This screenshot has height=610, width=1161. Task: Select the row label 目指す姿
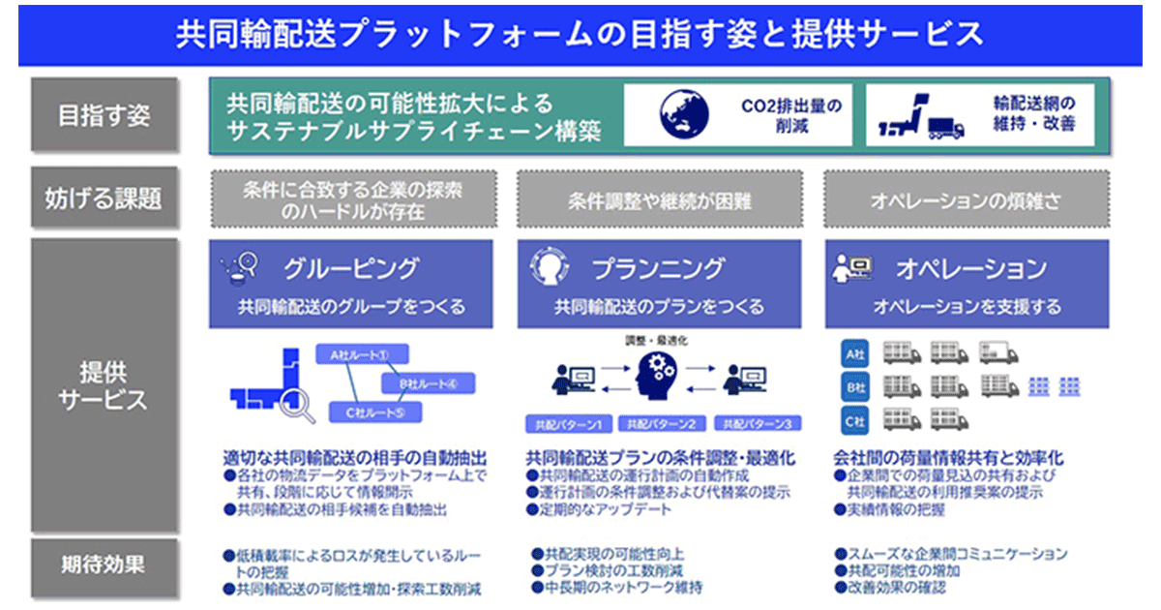pos(104,115)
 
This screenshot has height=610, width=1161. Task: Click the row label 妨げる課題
pos(104,198)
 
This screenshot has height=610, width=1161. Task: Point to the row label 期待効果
pos(104,564)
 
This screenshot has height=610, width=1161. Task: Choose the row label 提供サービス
pos(104,385)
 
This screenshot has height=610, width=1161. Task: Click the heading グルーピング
pos(351,268)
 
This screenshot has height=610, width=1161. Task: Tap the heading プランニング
pos(657,268)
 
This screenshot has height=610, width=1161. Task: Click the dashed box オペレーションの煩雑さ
pos(964,199)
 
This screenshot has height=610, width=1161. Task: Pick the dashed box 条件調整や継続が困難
pos(659,199)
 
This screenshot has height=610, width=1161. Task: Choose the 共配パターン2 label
pos(660,424)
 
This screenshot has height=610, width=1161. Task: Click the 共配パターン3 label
pos(758,424)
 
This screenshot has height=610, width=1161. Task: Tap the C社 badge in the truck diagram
pos(852,421)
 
